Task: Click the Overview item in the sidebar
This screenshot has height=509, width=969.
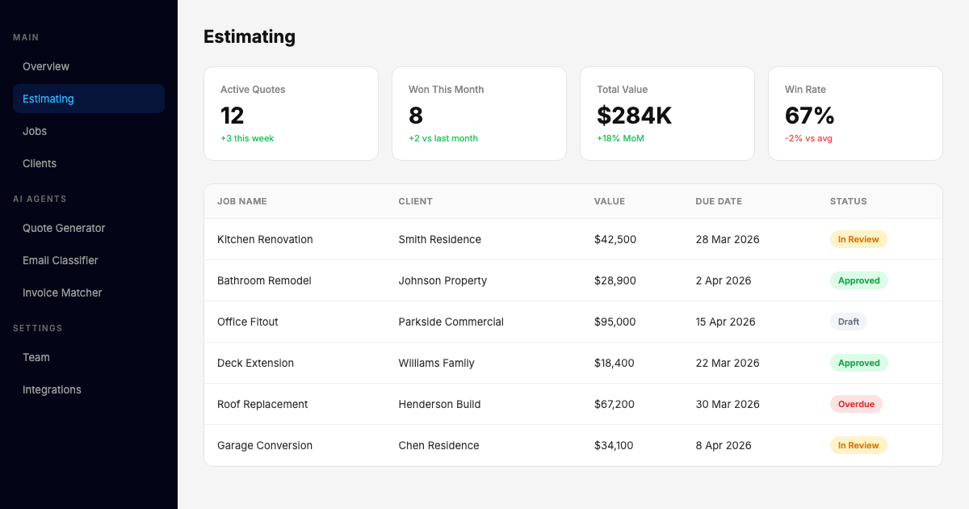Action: pyautogui.click(x=46, y=66)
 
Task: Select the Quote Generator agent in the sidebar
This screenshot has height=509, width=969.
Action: pyautogui.click(x=64, y=228)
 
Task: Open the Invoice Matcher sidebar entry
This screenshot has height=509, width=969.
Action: pyautogui.click(x=62, y=292)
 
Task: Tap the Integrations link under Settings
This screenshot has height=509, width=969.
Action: pyautogui.click(x=52, y=389)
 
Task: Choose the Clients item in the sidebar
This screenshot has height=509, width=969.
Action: pyautogui.click(x=40, y=163)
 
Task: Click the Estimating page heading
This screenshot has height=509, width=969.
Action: pyautogui.click(x=250, y=36)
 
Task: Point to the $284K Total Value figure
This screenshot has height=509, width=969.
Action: pyautogui.click(x=634, y=116)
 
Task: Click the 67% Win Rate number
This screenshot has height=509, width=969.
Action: pyautogui.click(x=809, y=116)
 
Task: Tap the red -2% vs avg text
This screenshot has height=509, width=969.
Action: pyautogui.click(x=808, y=138)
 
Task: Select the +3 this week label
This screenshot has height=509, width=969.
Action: pyautogui.click(x=247, y=138)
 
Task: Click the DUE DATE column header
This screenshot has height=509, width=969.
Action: pyautogui.click(x=718, y=201)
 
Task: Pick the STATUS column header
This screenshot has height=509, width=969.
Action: pyautogui.click(x=848, y=201)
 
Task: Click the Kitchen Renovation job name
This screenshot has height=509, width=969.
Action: pyautogui.click(x=265, y=239)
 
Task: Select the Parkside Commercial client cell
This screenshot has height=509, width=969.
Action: pyautogui.click(x=451, y=322)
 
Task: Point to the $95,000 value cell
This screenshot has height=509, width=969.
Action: pyautogui.click(x=615, y=322)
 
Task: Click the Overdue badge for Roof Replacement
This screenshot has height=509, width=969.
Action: pyautogui.click(x=856, y=404)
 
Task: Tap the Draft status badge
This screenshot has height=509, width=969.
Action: pyautogui.click(x=848, y=322)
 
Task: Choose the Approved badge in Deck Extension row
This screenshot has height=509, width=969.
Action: pyautogui.click(x=858, y=363)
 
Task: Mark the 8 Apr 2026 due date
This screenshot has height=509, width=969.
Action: pyautogui.click(x=724, y=445)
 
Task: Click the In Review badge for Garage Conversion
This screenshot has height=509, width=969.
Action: pyautogui.click(x=858, y=445)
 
